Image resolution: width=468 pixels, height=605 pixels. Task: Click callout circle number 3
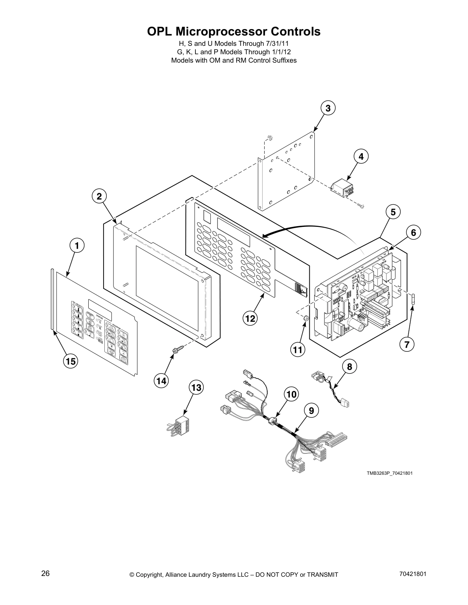[x=328, y=108]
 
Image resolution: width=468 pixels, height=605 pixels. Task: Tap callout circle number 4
[x=361, y=156]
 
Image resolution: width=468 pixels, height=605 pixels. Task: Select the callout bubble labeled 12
[x=250, y=318]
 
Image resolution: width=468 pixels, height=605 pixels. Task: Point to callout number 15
[x=71, y=361]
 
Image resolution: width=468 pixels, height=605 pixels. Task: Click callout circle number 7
[x=406, y=345]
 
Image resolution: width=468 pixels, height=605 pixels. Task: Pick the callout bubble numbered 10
[x=291, y=394]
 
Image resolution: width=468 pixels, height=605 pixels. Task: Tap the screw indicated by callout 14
[x=178, y=349]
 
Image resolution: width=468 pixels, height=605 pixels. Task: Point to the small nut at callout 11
[x=305, y=318]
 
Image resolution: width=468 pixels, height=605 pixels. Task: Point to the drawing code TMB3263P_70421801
[x=390, y=473]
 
